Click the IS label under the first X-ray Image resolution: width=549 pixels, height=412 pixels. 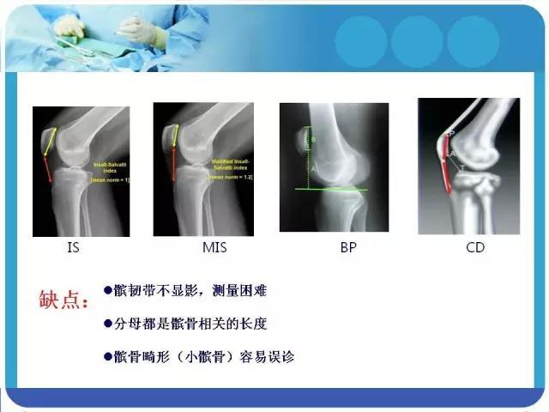73,248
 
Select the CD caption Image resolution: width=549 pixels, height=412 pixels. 474,248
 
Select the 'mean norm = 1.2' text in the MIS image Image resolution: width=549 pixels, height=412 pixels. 227,177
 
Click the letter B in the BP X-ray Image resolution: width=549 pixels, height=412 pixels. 313,139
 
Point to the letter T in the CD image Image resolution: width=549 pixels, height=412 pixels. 462,169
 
